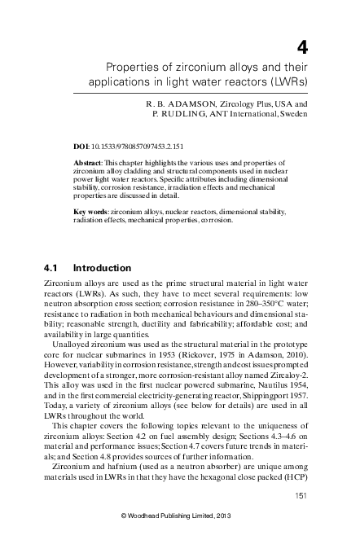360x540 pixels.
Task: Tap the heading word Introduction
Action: [102, 267]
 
